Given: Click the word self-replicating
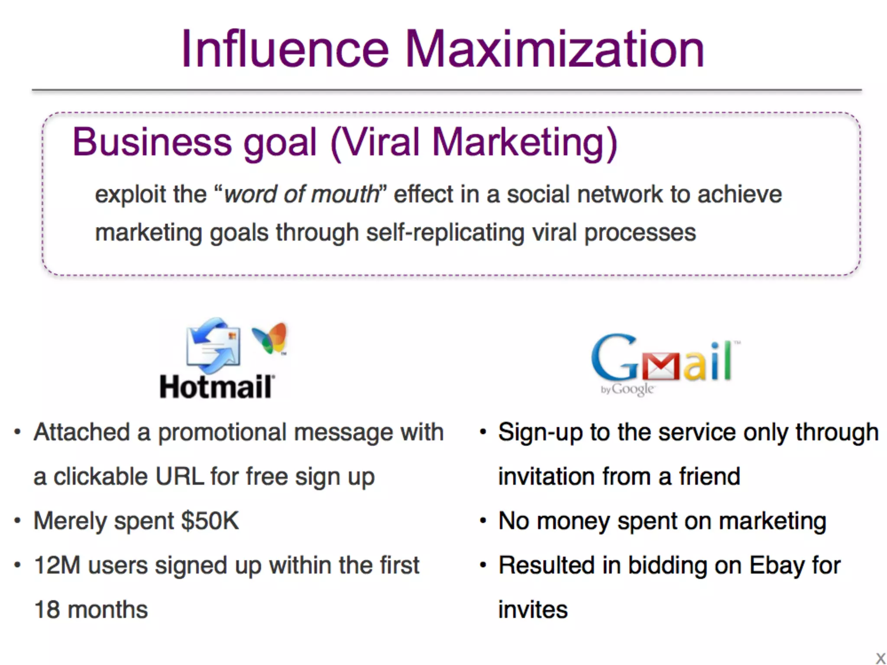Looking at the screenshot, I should point(446,232).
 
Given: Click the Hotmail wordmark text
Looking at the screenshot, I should point(217,387).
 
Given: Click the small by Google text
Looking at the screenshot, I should point(627,389).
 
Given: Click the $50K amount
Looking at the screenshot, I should point(210,521).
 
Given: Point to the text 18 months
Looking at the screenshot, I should point(91,610).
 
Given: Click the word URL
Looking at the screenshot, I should point(179,477).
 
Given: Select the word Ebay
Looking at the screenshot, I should point(777,565).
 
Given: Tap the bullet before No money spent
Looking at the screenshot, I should point(483,521).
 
